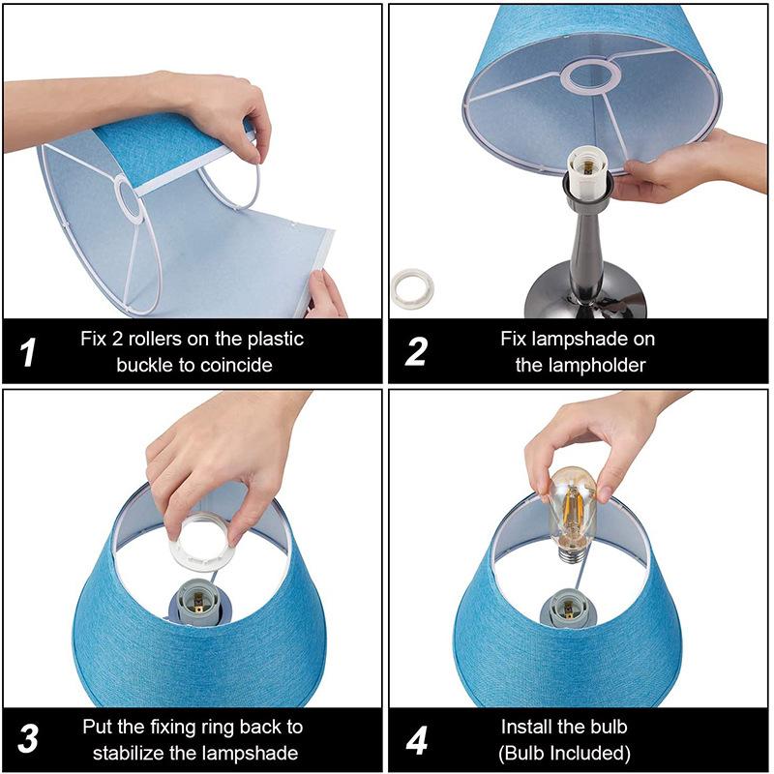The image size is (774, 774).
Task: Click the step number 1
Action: [x=28, y=351]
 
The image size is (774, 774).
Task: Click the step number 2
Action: [x=416, y=351]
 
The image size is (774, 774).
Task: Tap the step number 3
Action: [x=28, y=739]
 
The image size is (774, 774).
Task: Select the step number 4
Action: [x=416, y=740]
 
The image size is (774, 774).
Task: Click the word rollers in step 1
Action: [x=154, y=340]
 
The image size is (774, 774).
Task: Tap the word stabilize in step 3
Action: [x=128, y=753]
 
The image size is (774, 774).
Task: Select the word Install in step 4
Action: [x=526, y=727]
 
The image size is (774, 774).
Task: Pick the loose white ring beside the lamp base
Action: [x=412, y=288]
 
